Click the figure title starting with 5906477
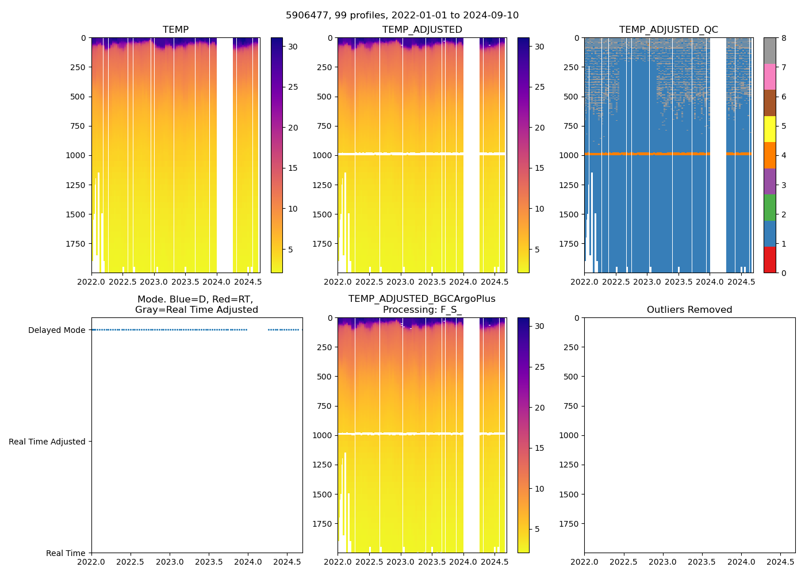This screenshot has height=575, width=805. click(402, 16)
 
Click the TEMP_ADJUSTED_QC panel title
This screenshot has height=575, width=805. click(668, 30)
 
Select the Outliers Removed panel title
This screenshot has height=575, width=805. click(689, 310)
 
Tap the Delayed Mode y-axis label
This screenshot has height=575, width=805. click(56, 330)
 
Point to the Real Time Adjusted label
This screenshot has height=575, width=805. click(47, 442)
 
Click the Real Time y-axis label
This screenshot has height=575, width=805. click(66, 553)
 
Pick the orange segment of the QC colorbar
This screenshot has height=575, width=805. click(769, 155)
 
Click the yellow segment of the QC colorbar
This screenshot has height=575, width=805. click(769, 129)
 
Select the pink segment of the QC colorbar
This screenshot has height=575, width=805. click(769, 76)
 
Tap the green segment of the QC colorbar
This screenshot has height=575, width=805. click(769, 208)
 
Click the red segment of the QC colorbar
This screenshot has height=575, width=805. click(769, 260)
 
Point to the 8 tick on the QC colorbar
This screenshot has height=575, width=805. click(784, 39)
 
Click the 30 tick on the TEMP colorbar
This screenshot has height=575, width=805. click(293, 47)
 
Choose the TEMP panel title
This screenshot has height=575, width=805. click(175, 30)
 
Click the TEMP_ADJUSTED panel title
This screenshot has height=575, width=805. click(422, 30)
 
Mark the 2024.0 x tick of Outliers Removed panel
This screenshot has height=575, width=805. click(742, 562)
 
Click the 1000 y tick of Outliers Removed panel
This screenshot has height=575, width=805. click(569, 435)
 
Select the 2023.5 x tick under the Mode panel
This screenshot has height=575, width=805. click(209, 562)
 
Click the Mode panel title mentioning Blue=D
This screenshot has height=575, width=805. click(196, 305)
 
